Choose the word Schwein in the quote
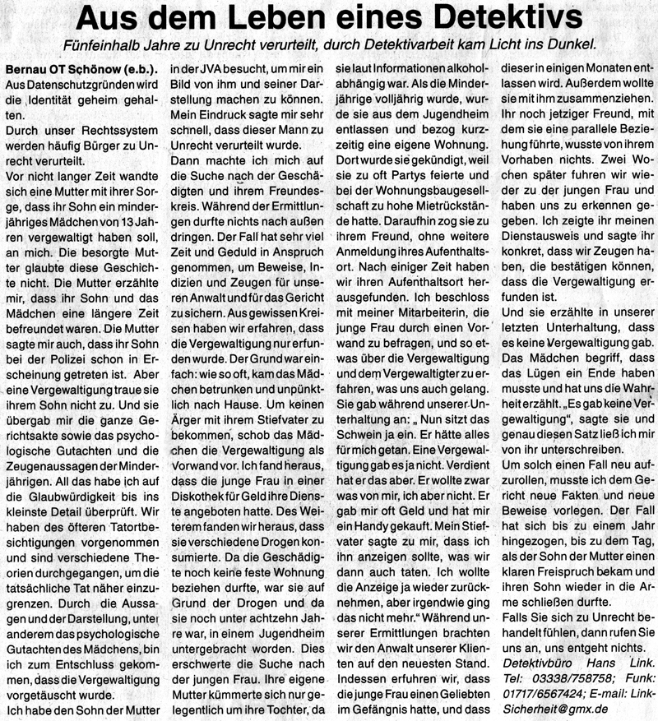point(377,428)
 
